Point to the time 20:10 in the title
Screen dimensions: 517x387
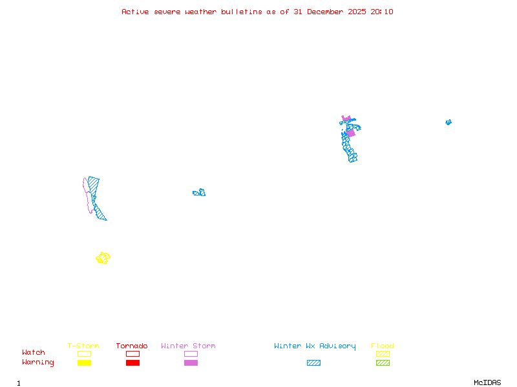[x=381, y=12]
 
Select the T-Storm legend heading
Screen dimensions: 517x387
[x=83, y=346]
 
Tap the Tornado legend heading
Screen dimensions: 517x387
[x=132, y=346]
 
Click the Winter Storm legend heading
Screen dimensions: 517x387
[x=188, y=346]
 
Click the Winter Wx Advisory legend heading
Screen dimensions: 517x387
[x=315, y=346]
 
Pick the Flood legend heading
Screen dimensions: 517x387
[x=383, y=346]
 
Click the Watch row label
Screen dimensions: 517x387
[x=34, y=353]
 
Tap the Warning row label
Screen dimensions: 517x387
[x=37, y=362]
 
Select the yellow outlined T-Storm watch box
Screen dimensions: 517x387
[x=84, y=353]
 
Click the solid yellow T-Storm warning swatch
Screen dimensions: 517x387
[x=84, y=363]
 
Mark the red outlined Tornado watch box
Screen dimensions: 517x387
[x=132, y=353]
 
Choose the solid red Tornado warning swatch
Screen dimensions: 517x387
[x=132, y=363]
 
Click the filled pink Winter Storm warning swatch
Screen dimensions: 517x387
[x=191, y=363]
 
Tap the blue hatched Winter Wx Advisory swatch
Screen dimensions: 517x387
[x=313, y=363]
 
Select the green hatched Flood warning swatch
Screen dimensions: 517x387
[x=383, y=363]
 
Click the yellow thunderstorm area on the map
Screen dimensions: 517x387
[x=103, y=258]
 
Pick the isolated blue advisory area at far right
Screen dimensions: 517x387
[x=448, y=122]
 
